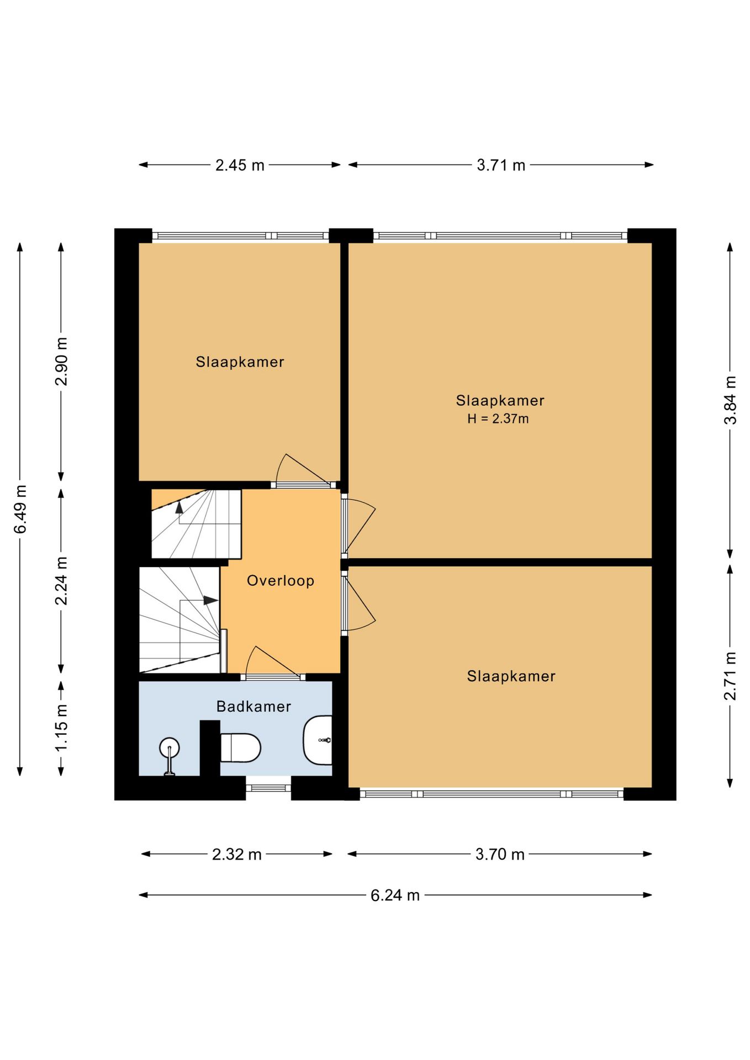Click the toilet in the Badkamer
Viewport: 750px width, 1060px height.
(x=240, y=748)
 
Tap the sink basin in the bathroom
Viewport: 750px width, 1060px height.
(x=318, y=740)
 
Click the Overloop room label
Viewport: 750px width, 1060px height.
(x=281, y=581)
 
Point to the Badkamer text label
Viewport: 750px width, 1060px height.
(x=253, y=707)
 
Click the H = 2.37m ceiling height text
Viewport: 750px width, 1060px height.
(x=498, y=419)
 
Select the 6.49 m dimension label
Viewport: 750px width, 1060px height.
(x=20, y=510)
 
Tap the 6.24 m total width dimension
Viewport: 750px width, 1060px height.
(x=395, y=895)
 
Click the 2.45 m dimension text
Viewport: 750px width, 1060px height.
(x=240, y=165)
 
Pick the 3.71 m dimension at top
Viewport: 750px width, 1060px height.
(x=501, y=165)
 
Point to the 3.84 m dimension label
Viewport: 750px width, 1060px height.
(x=730, y=400)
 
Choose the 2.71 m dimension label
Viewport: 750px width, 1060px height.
(x=730, y=676)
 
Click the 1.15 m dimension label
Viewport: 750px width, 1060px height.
(x=61, y=727)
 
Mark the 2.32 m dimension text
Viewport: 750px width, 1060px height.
(x=237, y=855)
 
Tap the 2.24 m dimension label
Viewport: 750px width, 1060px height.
(x=61, y=581)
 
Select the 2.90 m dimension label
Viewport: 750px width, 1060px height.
(x=61, y=362)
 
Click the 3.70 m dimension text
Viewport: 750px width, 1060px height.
(x=500, y=855)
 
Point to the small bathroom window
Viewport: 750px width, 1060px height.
(x=268, y=788)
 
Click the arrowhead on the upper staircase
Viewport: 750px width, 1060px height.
(x=179, y=507)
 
